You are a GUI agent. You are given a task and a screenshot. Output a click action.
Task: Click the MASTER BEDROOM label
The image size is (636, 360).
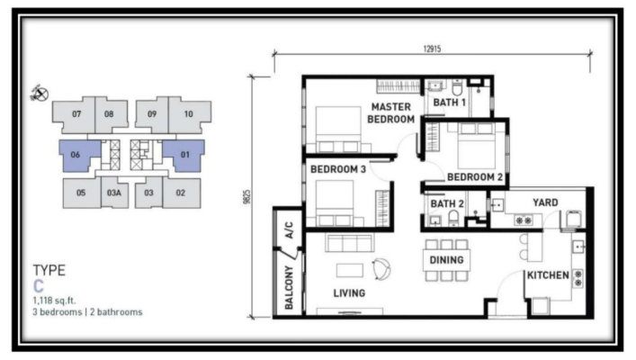390,113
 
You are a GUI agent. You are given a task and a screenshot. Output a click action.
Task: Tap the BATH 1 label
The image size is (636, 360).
449,103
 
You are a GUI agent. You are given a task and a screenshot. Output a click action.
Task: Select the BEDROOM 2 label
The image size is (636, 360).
475,177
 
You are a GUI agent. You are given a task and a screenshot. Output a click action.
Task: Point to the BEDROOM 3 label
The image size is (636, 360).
338,169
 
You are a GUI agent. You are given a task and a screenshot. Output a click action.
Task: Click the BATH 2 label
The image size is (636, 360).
447,203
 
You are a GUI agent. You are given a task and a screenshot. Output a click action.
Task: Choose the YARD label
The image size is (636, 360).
545,202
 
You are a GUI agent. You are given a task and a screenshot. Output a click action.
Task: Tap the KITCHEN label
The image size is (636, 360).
548,275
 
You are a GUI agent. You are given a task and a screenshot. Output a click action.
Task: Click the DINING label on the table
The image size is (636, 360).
446,260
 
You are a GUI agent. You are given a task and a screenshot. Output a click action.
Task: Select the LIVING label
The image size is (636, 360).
349,293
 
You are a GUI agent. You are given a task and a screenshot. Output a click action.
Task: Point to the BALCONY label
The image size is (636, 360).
289,287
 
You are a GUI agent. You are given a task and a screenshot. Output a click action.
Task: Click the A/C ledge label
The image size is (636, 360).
289,230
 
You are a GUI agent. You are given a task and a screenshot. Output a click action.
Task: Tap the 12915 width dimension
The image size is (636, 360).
432,49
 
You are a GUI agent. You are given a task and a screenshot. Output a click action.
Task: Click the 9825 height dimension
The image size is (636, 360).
247,197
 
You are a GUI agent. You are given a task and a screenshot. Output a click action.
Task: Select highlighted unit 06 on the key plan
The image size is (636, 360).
80,156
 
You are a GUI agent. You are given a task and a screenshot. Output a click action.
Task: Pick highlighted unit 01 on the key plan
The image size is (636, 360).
184,156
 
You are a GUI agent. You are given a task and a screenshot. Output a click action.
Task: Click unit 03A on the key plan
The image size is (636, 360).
114,193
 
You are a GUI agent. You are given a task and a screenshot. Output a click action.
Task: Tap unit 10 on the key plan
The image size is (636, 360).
189,115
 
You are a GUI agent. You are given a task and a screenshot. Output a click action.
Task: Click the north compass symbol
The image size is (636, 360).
40,94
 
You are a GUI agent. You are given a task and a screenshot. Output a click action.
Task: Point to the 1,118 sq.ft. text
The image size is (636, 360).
54,301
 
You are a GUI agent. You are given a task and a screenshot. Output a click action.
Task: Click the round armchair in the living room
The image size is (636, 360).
381,269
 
